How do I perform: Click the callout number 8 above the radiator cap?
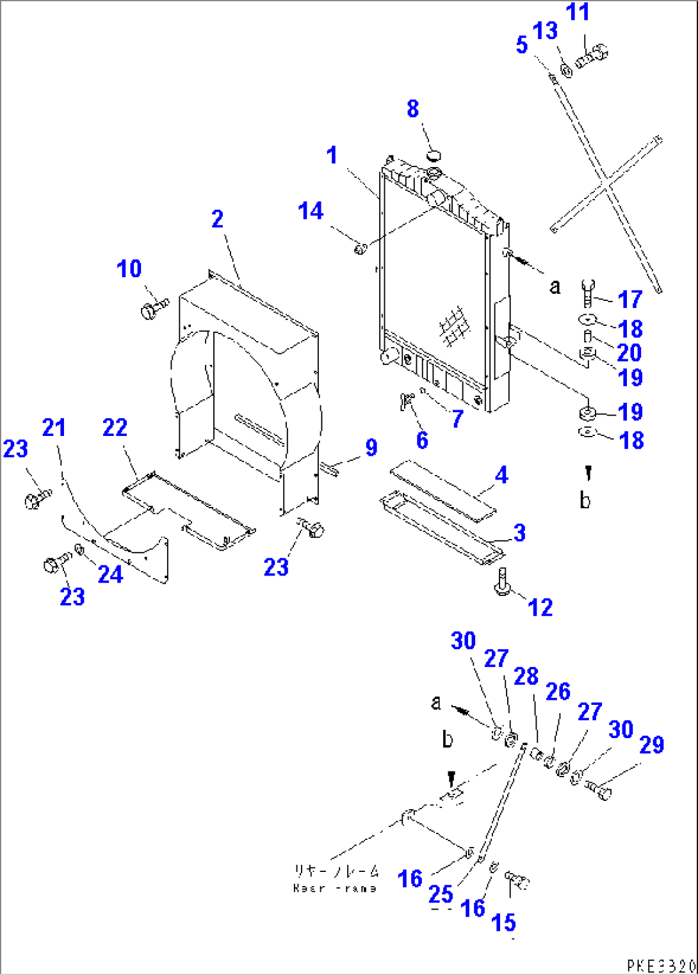(x=413, y=109)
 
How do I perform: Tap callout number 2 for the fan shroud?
(x=218, y=219)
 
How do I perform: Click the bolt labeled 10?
(x=152, y=310)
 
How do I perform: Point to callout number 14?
(x=311, y=211)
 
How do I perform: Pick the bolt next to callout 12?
(x=502, y=581)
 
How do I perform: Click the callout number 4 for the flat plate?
(x=501, y=475)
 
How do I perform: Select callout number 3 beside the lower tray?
(x=519, y=533)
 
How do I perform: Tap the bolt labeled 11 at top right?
(x=591, y=56)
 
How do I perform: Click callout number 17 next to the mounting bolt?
(x=629, y=299)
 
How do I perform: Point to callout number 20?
(x=629, y=352)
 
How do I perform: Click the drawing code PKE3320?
(x=661, y=965)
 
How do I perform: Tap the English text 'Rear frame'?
(x=335, y=889)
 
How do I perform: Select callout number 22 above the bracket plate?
(x=115, y=427)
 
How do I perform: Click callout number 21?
(x=54, y=427)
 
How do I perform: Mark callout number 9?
(x=371, y=447)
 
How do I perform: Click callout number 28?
(x=526, y=676)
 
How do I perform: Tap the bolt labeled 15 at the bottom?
(x=517, y=880)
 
